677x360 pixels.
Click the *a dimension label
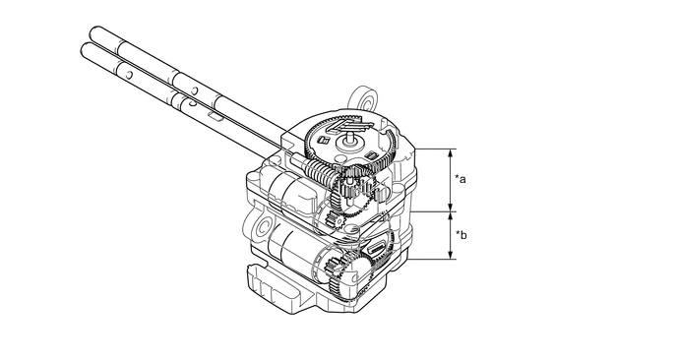461,179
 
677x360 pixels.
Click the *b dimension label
462,235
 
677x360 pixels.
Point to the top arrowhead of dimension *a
451,152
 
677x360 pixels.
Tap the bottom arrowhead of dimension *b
451,255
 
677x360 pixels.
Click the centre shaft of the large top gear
349,139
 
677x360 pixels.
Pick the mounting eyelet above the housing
364,99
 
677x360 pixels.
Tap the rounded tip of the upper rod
94,32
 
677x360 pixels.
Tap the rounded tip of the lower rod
85,49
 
